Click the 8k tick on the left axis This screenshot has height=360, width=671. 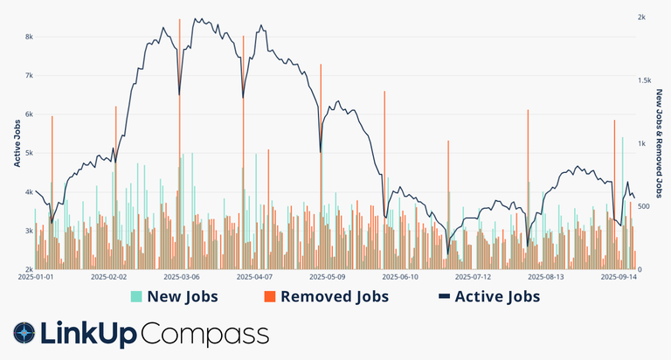point(29,37)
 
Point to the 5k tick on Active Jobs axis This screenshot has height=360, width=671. point(29,153)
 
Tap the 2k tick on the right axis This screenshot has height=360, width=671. point(641,17)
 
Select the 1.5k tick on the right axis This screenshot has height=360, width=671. point(645,80)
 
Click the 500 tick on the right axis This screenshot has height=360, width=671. point(644,206)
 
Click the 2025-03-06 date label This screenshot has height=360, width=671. point(182,277)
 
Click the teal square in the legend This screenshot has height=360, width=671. point(136,297)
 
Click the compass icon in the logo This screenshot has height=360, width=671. point(24,333)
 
